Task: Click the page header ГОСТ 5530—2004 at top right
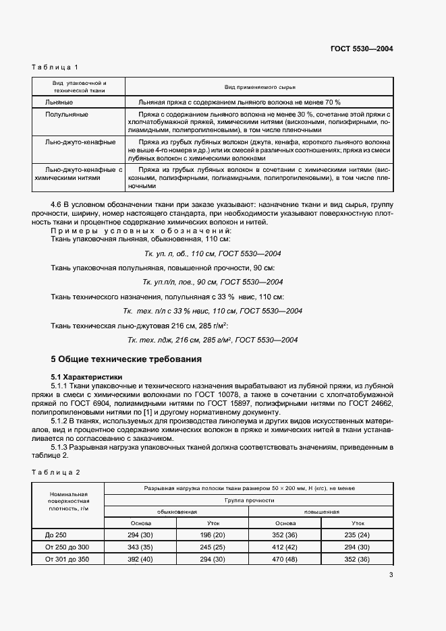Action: point(362,49)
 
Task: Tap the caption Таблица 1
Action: point(56,67)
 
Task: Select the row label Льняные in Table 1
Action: point(59,101)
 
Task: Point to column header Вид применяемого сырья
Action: point(260,87)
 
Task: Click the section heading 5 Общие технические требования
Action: point(127,359)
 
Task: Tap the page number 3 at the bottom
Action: point(391,574)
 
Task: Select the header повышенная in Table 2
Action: point(321,512)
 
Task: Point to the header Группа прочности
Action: point(250,500)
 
